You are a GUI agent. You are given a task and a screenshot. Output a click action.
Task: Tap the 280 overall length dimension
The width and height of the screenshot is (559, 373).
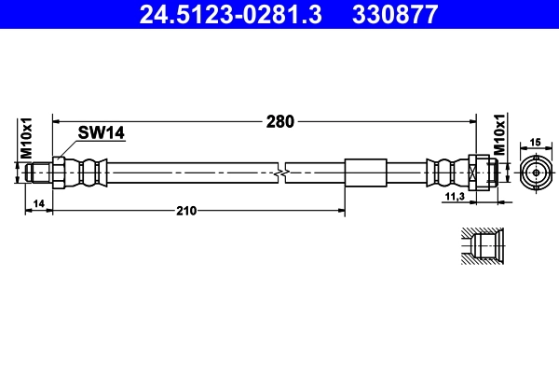pos(279,121)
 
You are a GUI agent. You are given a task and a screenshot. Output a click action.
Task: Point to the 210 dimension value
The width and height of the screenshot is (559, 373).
pos(186,212)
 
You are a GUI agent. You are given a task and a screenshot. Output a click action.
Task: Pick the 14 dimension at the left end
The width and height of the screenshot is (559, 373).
pos(38,202)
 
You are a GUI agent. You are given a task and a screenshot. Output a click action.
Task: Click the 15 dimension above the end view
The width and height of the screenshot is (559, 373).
pos(535,142)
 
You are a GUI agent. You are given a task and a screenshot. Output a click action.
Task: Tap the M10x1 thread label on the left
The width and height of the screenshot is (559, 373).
pos(27,137)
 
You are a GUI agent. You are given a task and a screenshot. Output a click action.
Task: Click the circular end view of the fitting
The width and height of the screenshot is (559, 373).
pos(535,173)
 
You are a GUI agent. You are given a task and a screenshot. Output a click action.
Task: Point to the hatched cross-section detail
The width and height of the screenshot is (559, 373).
pos(483,248)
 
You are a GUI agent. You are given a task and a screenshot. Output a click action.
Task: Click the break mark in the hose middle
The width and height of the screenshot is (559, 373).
pos(282,173)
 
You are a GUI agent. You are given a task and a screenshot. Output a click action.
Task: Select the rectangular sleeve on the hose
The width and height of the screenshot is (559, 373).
pos(365,173)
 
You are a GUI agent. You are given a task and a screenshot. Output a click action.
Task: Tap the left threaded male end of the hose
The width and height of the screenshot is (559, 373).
pos(39,173)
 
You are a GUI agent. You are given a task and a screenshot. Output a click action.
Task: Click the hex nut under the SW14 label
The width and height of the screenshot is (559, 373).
pos(60,173)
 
